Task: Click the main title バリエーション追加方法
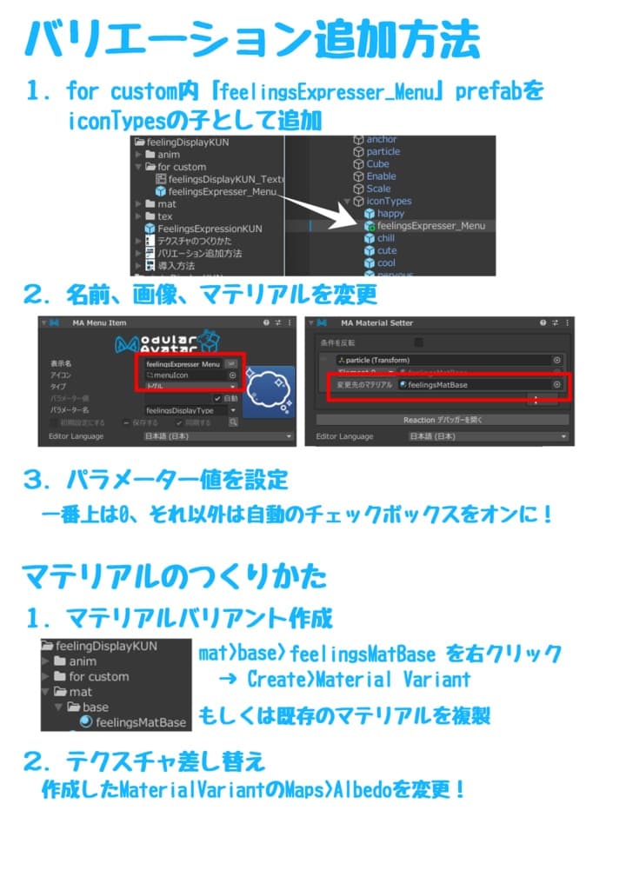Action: [251, 39]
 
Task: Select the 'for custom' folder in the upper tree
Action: [181, 167]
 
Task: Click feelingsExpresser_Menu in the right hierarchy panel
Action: [430, 226]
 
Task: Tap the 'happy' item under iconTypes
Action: [390, 213]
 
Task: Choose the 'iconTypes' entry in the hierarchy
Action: [389, 201]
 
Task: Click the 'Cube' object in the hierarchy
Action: [377, 163]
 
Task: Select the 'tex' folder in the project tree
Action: [164, 216]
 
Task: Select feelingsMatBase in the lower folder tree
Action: [140, 722]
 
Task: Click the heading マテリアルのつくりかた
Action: [174, 575]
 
